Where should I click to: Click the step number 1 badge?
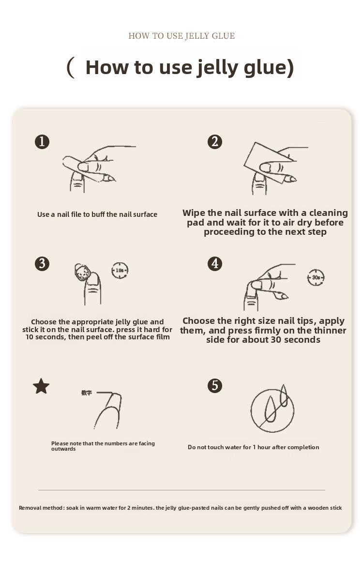(x=42, y=141)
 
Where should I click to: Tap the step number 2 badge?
(x=214, y=141)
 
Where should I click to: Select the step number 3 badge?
(x=42, y=264)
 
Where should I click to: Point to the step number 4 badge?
(x=214, y=264)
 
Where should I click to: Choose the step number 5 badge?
(x=214, y=386)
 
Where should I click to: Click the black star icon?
(x=41, y=386)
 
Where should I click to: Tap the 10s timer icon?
(x=120, y=270)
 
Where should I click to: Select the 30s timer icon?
(x=316, y=277)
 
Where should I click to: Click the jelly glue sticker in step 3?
(x=81, y=272)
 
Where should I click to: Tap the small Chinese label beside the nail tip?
(x=86, y=393)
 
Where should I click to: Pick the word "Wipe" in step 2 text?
(x=194, y=213)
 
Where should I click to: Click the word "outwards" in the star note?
(x=63, y=449)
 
